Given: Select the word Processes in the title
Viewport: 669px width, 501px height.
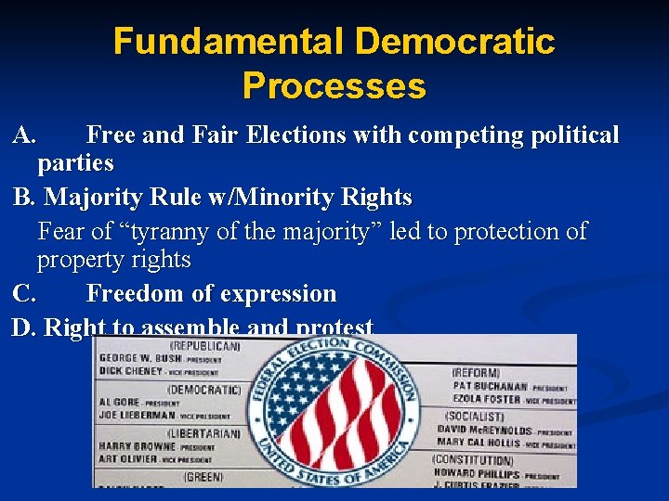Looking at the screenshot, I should [x=334, y=86].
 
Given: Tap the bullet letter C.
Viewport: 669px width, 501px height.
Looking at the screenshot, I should [x=25, y=294].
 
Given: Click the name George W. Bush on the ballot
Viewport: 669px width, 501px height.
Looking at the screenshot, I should [x=139, y=357].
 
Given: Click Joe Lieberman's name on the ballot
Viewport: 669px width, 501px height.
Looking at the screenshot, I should [x=137, y=416].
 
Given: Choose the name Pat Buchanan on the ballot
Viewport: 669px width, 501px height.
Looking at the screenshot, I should [x=490, y=386].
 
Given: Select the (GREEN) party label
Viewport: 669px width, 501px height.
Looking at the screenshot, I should [x=202, y=477].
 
